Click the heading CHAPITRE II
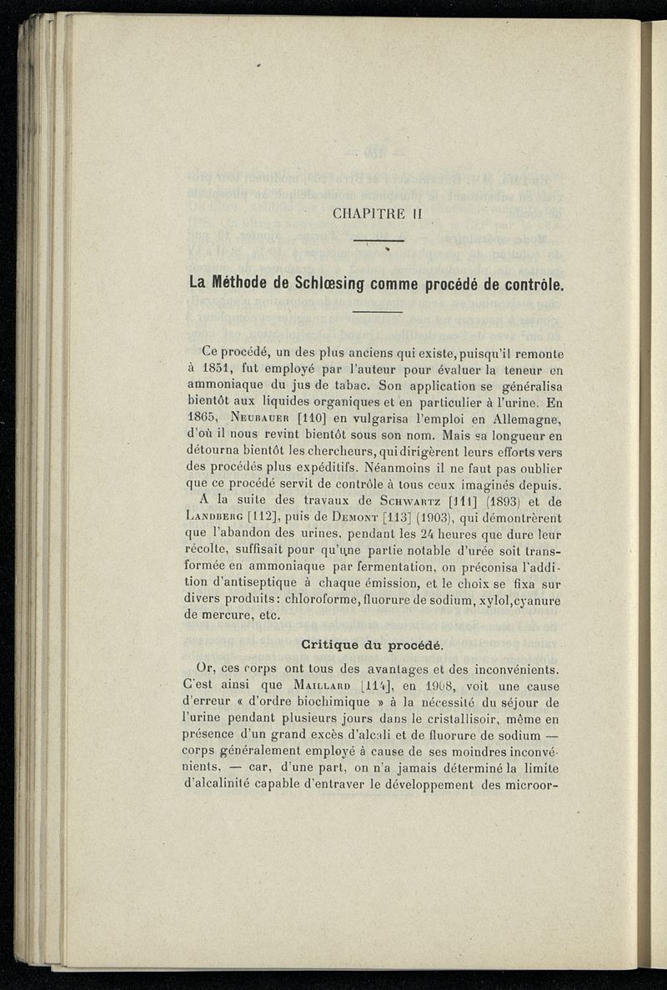pyautogui.click(x=379, y=214)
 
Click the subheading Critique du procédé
pyautogui.click(x=379, y=646)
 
